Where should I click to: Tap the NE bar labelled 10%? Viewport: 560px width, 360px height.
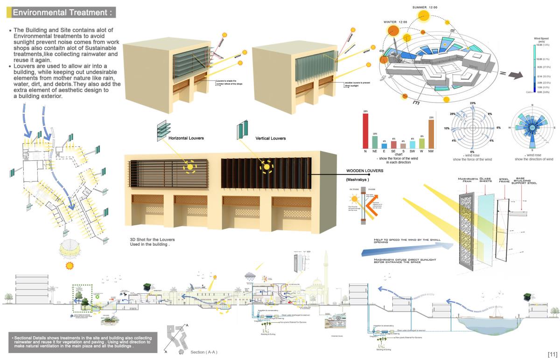[x=374, y=142]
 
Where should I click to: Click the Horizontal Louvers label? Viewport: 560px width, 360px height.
[x=186, y=138]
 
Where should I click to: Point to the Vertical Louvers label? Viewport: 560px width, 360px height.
[x=271, y=138]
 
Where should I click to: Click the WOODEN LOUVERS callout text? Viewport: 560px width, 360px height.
[x=365, y=171]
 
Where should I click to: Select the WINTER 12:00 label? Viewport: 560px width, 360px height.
[x=395, y=22]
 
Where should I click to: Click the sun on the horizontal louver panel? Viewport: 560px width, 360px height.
[x=190, y=166]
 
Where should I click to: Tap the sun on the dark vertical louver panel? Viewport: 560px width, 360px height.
[x=267, y=166]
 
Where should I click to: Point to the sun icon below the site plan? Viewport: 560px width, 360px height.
[x=70, y=265]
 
